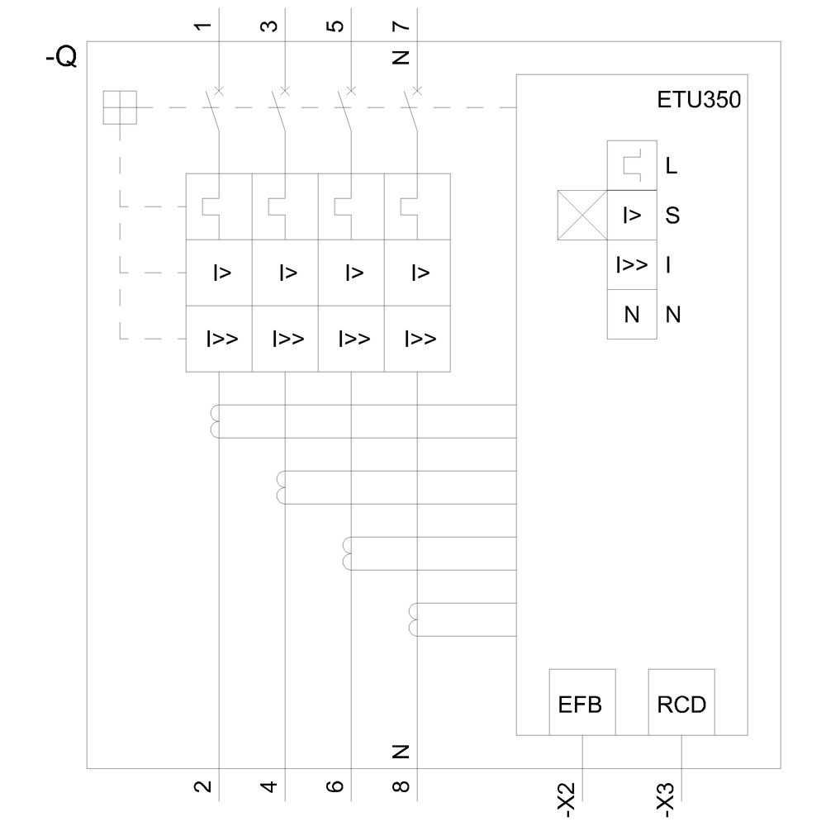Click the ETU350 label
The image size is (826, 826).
coord(699,102)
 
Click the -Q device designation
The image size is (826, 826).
coord(61,59)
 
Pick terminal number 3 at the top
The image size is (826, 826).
coord(269,25)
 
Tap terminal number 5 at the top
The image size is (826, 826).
coord(335,25)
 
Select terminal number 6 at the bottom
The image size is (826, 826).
coord(335,786)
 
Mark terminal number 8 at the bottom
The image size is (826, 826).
coord(401,786)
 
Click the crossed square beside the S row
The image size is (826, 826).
coord(582,216)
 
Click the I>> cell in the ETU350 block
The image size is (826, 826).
coord(632,265)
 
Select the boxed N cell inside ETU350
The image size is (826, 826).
coord(632,315)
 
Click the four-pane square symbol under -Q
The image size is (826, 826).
coord(120,107)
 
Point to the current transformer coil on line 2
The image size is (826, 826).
coord(216,421)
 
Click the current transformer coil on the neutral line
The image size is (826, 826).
coord(414,619)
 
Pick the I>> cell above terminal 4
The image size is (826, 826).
coord(285,339)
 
